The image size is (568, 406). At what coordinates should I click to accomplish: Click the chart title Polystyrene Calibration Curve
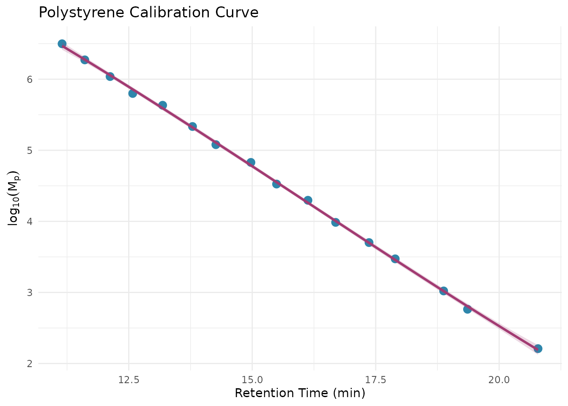tap(148, 13)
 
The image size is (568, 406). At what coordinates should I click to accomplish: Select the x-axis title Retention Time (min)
tap(300, 393)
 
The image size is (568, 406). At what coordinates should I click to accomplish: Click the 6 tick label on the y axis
tap(30, 80)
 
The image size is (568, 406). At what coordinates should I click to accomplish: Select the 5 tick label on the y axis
tap(30, 151)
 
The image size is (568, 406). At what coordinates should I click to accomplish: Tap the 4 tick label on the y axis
tap(30, 222)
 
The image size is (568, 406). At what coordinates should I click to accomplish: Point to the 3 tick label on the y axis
tap(30, 293)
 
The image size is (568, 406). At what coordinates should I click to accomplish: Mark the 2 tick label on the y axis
tap(30, 364)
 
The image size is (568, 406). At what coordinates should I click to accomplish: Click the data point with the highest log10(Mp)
tap(62, 44)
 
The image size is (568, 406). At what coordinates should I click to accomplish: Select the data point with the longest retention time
tap(538, 348)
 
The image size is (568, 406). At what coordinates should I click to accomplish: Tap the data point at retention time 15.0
tap(251, 162)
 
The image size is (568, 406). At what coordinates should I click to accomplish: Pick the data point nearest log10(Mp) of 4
tap(336, 222)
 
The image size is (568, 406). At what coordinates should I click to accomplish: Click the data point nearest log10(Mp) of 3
tap(443, 291)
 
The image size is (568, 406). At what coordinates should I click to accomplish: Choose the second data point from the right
tap(467, 309)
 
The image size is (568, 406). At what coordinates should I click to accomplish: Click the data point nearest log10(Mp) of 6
tap(110, 77)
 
